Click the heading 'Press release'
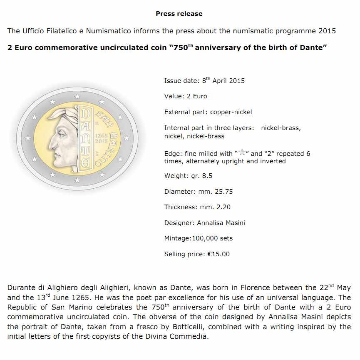point(179,14)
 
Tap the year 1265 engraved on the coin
point(102,136)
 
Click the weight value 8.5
point(207,176)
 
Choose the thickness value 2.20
point(223,207)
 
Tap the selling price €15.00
point(218,254)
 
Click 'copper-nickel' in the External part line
point(231,112)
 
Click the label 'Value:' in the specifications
point(174,96)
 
